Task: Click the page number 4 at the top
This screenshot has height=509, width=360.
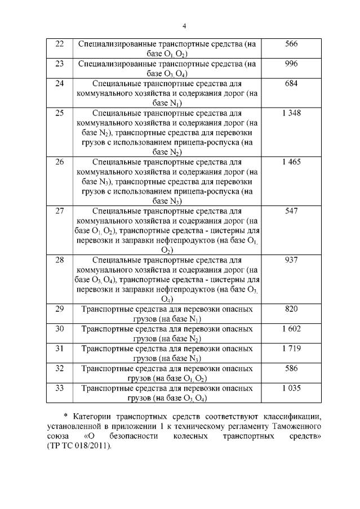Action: [184, 25]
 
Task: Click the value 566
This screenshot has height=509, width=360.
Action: [291, 44]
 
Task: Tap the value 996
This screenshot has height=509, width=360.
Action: [291, 64]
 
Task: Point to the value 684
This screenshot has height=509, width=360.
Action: [291, 83]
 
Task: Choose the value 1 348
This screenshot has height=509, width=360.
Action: [291, 113]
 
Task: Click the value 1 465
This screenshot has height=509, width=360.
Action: [291, 162]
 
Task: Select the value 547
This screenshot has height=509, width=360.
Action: [291, 211]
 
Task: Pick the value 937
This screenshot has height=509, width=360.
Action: [291, 260]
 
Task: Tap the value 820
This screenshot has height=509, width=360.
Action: [291, 309]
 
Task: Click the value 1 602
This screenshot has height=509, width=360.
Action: [291, 329]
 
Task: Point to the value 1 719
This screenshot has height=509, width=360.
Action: [291, 349]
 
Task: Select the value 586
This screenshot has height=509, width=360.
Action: [291, 368]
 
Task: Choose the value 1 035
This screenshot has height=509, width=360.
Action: [291, 388]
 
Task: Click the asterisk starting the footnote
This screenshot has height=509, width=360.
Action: [73, 417]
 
